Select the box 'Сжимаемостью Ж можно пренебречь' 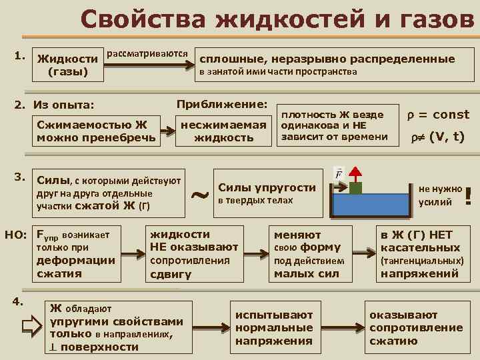pos(97,131)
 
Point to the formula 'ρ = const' pos(437,115)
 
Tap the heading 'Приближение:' pos(222,105)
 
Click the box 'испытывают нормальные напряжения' pos(273,327)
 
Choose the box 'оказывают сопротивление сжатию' pos(415,327)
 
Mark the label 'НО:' pos(15,235)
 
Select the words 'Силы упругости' pos(267,187)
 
